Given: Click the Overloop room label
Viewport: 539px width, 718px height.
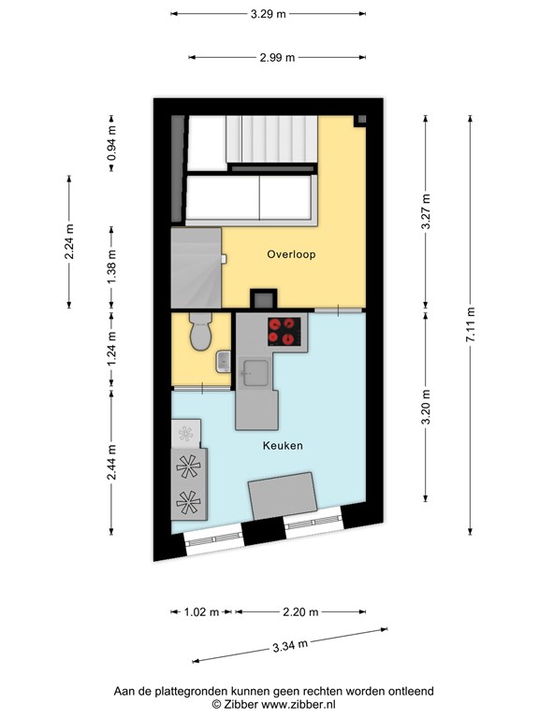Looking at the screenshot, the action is point(291,254).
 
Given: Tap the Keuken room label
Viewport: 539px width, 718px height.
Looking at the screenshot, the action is point(283,445).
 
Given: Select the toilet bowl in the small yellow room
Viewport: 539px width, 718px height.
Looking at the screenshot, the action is point(201,332).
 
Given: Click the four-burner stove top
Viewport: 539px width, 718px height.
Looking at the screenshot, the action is point(284,332).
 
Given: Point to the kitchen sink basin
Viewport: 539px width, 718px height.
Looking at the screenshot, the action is point(255,373).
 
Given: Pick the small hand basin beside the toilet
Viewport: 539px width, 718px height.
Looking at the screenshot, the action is point(224,362).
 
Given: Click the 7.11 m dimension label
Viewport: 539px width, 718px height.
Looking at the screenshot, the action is point(471,325).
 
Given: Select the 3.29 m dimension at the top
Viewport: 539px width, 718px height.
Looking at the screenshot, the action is point(269,14).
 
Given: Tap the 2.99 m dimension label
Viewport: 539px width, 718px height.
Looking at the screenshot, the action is point(277,58).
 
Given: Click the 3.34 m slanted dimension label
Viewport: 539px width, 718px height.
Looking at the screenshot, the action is point(290,646).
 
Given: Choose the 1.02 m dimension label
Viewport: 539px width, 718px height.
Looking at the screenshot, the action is point(202,612).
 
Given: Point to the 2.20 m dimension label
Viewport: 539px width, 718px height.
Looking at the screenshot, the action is point(300,612).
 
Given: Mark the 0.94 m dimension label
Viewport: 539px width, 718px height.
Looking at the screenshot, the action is point(111,143).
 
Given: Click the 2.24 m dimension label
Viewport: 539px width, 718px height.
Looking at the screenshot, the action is point(69,242).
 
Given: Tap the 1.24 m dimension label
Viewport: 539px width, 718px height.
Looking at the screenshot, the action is point(111,350).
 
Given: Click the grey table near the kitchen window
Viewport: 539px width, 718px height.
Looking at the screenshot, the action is point(283,495).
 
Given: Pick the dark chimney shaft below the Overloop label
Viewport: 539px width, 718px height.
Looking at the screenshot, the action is point(264,299).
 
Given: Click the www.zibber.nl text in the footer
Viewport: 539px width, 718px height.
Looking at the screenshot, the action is point(299,704).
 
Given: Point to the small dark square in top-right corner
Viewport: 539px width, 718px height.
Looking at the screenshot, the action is point(361,120).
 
